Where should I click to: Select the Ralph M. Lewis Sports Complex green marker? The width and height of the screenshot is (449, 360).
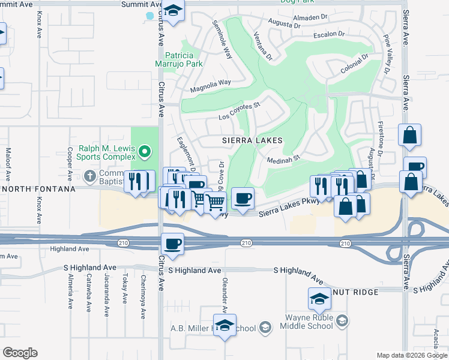(x=145, y=152)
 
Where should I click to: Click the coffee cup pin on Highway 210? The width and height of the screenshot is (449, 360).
(x=172, y=244)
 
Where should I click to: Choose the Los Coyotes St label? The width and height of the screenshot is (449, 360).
(x=238, y=111)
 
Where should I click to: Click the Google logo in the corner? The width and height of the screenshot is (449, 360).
(x=20, y=353)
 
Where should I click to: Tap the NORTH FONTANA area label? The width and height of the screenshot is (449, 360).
(x=38, y=189)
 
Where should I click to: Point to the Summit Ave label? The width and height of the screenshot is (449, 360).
(x=137, y=4)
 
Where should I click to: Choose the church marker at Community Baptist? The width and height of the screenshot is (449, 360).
(x=89, y=176)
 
